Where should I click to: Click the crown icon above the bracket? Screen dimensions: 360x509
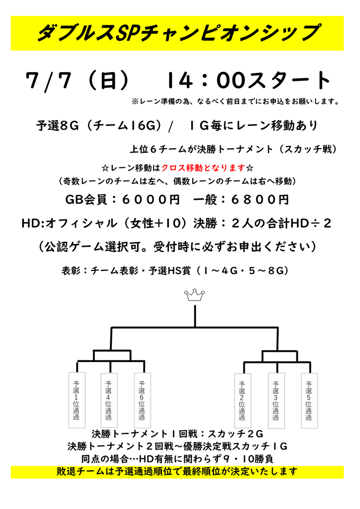pos(195,295)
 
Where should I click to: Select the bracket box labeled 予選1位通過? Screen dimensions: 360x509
pos(77,400)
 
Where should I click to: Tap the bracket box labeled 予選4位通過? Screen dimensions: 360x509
pos(109,400)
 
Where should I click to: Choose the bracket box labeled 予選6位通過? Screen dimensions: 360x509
pos(142,400)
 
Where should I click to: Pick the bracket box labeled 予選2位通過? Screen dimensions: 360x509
pos(242,401)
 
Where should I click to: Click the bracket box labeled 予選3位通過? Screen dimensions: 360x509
pos(276,401)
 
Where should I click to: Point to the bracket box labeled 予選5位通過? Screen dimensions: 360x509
pos(309,401)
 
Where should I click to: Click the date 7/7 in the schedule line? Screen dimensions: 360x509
pos(48,80)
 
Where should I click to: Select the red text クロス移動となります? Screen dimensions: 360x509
pos(203,168)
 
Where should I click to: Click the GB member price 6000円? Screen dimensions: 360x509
pos(151,199)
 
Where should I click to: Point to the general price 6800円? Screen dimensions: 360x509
pos(260,199)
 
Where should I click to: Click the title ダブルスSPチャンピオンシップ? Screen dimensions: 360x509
pos(178,33)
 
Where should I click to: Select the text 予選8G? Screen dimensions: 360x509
pos(58,125)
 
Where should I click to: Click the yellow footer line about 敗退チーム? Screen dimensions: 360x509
pos(177,471)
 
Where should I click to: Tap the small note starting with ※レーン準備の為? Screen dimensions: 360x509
pos(236,102)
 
